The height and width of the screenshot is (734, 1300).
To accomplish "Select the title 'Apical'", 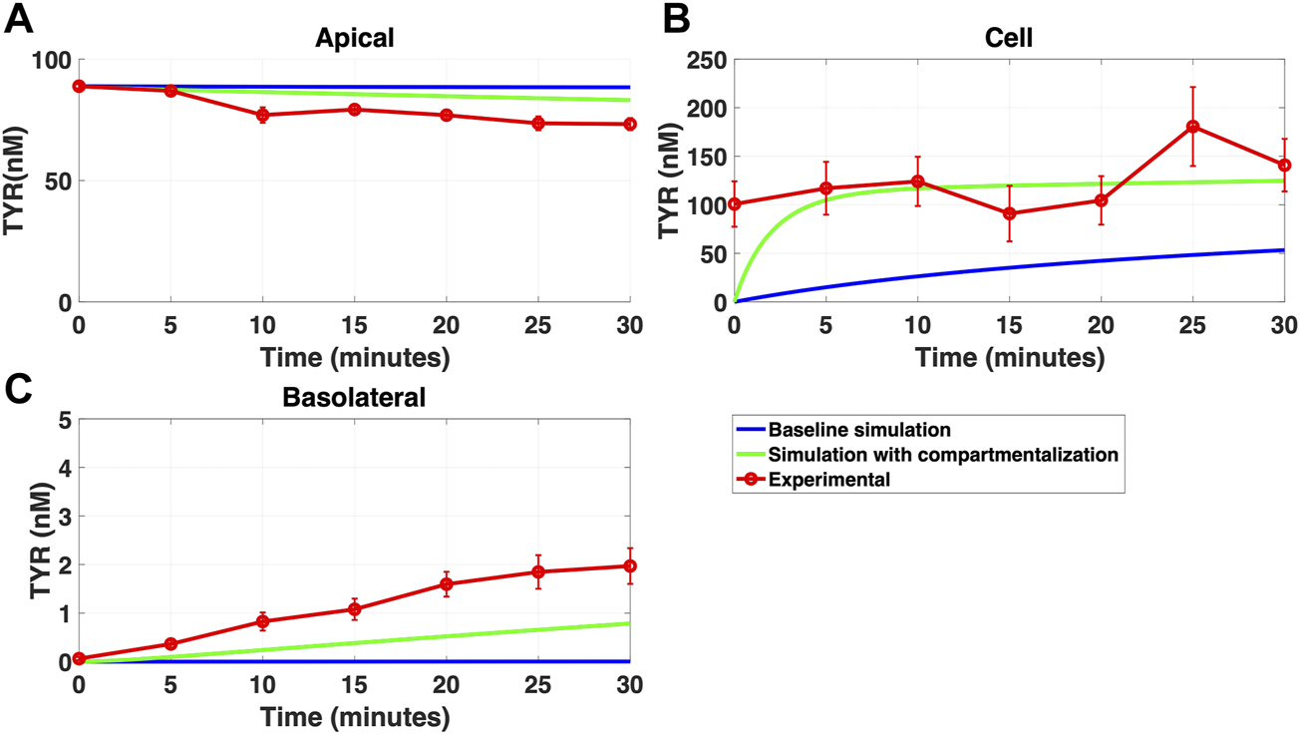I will (355, 38).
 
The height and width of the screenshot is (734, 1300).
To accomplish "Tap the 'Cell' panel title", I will (1010, 38).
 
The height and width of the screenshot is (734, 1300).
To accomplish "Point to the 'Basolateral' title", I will (355, 398).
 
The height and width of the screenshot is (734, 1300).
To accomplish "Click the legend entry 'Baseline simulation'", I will (858, 431).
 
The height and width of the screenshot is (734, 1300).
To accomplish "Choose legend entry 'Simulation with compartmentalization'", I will (943, 455).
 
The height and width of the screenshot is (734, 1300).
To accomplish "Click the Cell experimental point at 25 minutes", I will (1192, 127).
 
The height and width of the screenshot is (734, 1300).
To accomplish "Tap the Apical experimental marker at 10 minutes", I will (263, 116).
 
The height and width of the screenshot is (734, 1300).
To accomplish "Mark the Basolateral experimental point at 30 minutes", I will (630, 566).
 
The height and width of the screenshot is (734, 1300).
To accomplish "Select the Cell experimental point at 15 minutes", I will (1010, 213).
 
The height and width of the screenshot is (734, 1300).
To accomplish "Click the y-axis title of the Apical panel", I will (16, 181).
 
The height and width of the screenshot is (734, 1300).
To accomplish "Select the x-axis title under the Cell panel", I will (1010, 357).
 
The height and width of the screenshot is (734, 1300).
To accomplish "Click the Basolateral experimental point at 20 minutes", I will (447, 584).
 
